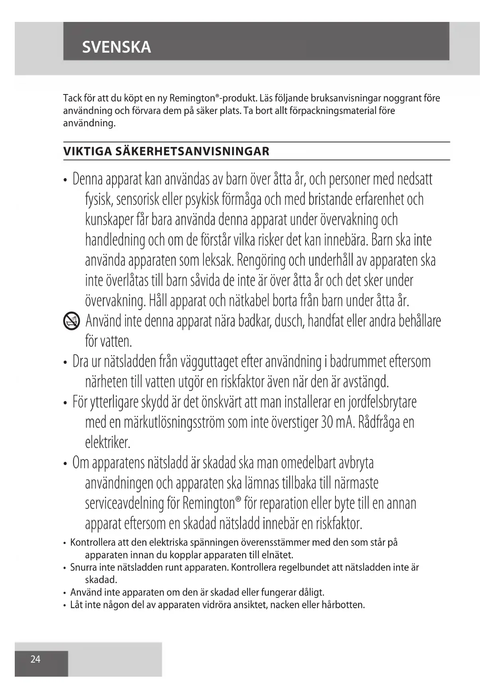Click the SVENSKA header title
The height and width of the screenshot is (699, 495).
[116, 47]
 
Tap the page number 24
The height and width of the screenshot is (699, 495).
[35, 659]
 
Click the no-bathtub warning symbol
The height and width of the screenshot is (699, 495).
[72, 321]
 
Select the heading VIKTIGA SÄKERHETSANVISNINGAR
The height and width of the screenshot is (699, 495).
[166, 151]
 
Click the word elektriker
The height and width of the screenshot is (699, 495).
[108, 443]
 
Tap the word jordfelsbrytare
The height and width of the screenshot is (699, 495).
[383, 402]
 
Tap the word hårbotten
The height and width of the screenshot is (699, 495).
[343, 605]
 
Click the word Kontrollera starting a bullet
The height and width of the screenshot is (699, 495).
[92, 542]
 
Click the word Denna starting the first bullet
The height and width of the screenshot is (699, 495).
[87, 180]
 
